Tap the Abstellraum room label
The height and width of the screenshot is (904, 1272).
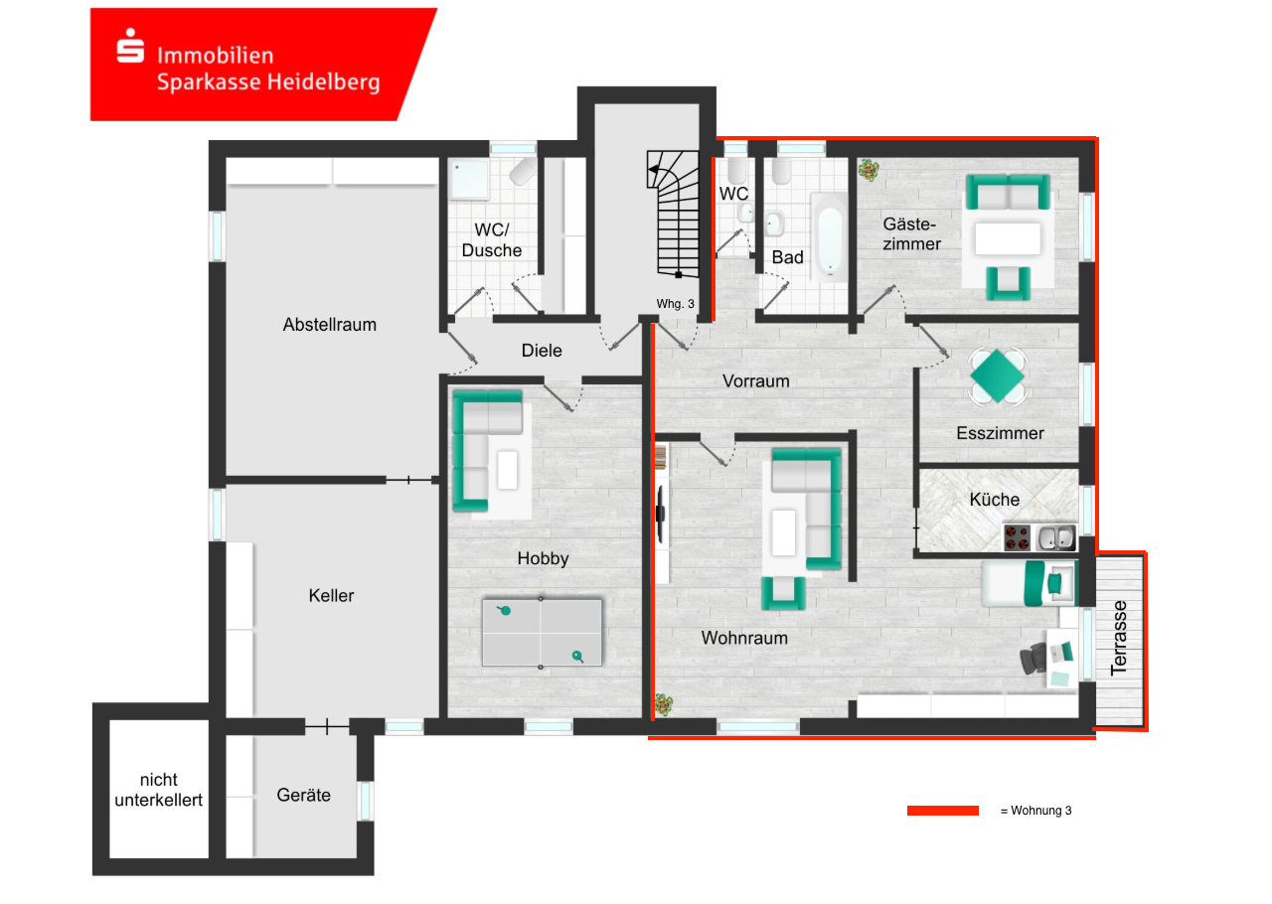(329, 325)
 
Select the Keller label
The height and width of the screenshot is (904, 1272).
(331, 596)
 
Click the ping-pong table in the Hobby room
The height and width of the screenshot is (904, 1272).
(542, 633)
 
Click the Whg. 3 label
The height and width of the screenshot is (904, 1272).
(675, 304)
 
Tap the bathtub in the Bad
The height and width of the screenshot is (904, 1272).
(829, 237)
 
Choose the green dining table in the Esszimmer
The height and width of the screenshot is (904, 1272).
(997, 376)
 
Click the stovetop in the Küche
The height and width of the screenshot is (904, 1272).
(1019, 538)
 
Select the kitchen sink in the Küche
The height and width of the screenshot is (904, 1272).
(1056, 538)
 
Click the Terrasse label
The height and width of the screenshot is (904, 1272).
(1121, 638)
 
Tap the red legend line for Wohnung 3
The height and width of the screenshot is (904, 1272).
(942, 811)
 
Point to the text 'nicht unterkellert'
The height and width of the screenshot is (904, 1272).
(158, 790)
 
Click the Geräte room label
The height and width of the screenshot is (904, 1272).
(303, 795)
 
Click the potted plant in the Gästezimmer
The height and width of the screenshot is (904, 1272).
(870, 170)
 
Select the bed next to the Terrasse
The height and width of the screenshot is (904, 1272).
(1030, 583)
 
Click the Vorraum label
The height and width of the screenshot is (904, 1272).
(755, 380)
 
